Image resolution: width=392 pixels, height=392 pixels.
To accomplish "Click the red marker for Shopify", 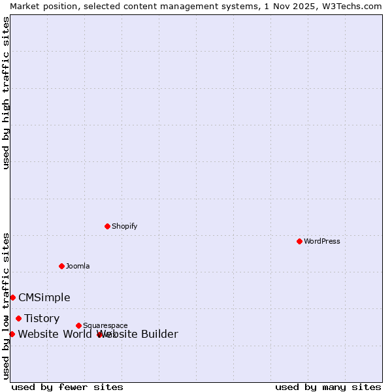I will tap(107, 226).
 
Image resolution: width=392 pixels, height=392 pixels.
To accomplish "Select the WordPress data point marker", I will tap(299, 241).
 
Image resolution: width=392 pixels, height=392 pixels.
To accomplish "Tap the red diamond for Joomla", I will tap(61, 266).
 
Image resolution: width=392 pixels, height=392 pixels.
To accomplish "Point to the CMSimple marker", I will tap(12, 297).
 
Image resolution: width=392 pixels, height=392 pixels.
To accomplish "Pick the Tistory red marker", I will tap(18, 318).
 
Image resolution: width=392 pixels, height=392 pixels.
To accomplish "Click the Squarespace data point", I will tap(78, 325).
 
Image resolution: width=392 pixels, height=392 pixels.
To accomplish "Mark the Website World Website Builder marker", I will tap(12, 334).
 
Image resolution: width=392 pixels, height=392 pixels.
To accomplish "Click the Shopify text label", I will tap(124, 226).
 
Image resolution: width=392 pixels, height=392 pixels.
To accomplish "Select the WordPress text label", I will tap(322, 241).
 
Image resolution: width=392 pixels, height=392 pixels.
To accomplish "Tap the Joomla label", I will tap(78, 266).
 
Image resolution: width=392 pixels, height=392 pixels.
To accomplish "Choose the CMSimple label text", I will tap(44, 297).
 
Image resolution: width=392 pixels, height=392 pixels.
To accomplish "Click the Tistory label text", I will tap(42, 318).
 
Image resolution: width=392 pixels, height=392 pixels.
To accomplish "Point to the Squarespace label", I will tap(105, 325).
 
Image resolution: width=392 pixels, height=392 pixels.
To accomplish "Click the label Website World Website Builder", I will tap(98, 334).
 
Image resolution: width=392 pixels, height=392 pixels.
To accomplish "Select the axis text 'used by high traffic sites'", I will tap(6, 93).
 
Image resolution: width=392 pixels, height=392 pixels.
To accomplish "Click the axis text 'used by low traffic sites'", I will tap(6, 305).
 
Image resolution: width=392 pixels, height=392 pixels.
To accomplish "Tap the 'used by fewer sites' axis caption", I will tap(67, 387).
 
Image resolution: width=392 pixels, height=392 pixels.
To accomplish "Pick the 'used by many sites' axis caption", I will tap(328, 387).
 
